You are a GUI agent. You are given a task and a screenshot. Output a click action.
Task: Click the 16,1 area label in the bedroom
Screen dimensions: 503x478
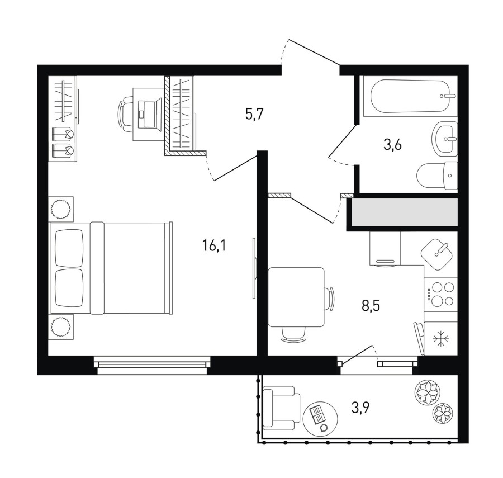(214, 247)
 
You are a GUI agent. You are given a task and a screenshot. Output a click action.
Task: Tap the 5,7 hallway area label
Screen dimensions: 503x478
(254, 114)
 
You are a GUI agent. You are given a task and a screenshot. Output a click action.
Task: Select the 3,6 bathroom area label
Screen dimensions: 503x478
(392, 145)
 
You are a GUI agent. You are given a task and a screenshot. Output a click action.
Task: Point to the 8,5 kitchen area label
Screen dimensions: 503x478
(371, 306)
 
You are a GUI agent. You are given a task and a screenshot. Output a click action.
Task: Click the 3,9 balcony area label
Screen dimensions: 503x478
(360, 408)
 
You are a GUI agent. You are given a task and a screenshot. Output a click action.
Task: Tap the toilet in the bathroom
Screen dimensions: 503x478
(437, 176)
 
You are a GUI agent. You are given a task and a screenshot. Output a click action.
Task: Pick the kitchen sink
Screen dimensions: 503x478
(436, 254)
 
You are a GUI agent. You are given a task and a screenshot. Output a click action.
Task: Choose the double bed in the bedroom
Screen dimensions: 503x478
(111, 268)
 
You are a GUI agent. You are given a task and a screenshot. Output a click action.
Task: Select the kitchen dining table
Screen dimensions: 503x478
(296, 297)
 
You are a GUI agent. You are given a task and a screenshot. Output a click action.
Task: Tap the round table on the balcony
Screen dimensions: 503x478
(320, 418)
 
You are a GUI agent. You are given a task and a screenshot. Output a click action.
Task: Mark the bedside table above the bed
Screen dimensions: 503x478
(61, 209)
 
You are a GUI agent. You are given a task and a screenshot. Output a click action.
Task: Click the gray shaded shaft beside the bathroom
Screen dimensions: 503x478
(405, 212)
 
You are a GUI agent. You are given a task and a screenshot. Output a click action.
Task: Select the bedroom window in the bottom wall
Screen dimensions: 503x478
(152, 365)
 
